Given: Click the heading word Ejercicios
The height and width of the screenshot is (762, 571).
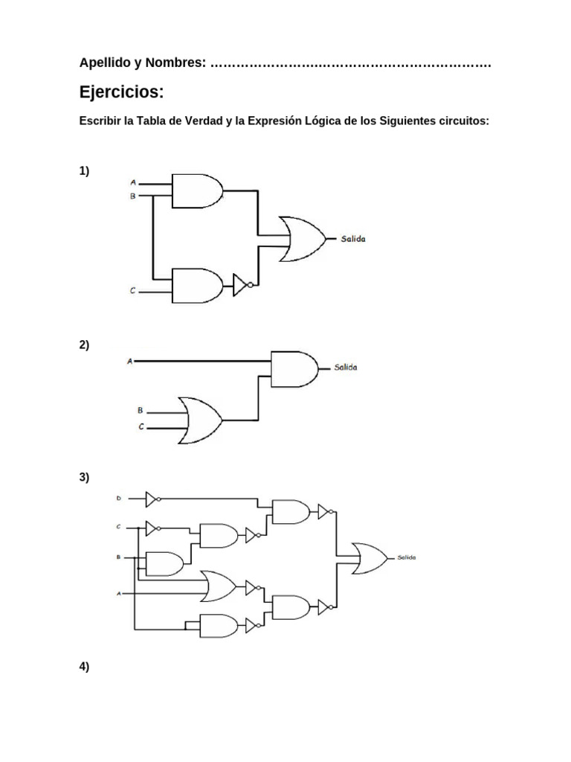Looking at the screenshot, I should [x=120, y=92].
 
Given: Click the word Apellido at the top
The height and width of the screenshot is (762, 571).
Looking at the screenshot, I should [x=103, y=63].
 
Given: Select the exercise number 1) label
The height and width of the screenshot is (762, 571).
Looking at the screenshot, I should [x=84, y=171].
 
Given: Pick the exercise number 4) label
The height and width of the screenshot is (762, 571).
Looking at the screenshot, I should [x=84, y=667].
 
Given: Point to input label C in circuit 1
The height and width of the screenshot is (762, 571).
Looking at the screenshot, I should [x=133, y=291].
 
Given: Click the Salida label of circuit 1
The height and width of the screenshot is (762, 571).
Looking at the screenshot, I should [x=353, y=239].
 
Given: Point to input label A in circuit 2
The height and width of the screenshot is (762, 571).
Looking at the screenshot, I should [x=130, y=362].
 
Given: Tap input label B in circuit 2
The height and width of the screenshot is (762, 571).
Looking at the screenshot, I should [x=140, y=410].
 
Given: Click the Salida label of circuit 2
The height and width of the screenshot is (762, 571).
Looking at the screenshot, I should [x=345, y=368].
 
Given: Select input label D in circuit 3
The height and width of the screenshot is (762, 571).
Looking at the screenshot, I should [x=117, y=498].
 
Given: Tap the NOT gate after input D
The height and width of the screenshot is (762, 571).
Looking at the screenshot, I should [x=152, y=498].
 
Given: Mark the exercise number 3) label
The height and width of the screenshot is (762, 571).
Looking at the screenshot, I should [x=84, y=478].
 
